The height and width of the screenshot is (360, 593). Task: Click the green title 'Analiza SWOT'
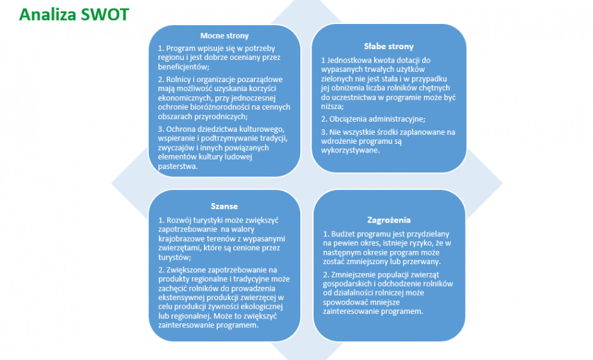coord(74,15)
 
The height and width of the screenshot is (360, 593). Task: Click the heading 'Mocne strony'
coord(225,36)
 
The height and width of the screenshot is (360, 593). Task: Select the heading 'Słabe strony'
coord(389,47)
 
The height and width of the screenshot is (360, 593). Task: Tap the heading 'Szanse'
coord(224,206)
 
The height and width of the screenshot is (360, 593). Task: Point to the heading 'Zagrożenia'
coord(389,220)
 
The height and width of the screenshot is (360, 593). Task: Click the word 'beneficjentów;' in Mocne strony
coord(184,67)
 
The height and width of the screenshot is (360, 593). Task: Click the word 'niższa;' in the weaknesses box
coord(332,107)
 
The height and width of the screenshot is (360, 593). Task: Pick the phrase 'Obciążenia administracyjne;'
coord(377,119)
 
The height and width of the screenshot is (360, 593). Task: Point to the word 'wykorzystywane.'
coord(351,151)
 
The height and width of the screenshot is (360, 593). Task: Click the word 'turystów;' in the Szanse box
coord(175,257)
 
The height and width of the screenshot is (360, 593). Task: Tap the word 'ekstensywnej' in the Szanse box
coord(182,298)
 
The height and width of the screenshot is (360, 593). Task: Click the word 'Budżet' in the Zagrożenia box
coord(343,234)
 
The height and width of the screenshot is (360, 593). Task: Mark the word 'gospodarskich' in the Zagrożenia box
coord(348,284)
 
